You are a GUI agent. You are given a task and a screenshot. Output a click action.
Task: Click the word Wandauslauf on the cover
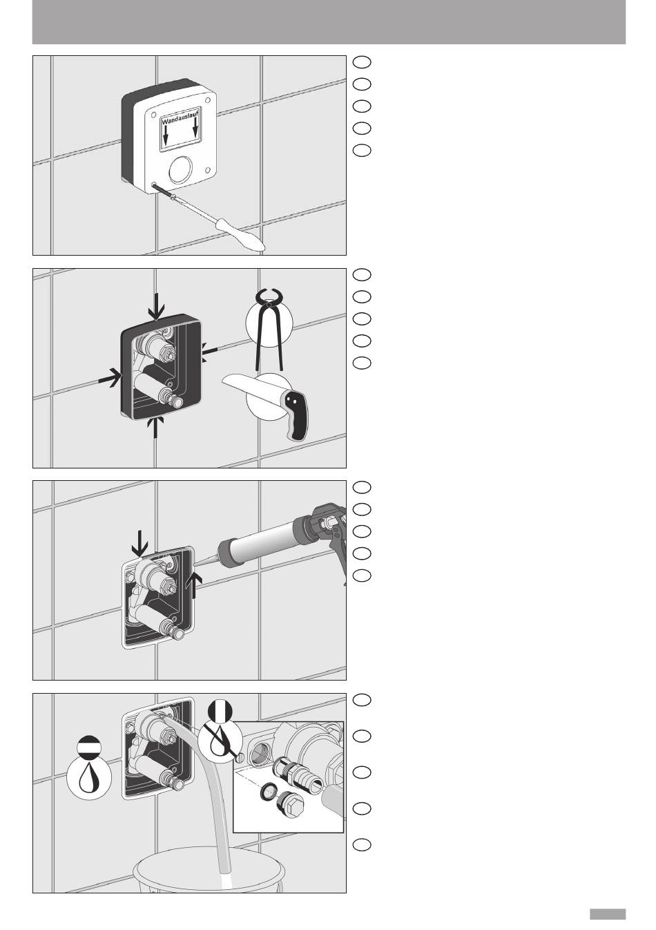(180, 117)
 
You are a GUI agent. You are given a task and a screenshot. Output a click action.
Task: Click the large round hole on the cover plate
(180, 169)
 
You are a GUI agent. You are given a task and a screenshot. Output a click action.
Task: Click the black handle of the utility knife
(298, 415)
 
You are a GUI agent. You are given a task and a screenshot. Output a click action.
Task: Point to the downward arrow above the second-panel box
(157, 306)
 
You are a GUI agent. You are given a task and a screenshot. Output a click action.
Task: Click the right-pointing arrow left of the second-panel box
(110, 378)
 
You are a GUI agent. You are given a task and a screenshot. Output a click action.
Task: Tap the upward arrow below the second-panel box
(155, 427)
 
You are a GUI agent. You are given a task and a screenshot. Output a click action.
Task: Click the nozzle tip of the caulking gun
(195, 563)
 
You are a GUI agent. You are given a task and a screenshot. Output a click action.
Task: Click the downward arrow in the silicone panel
(139, 544)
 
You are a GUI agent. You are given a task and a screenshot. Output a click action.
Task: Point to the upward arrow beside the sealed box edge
(194, 586)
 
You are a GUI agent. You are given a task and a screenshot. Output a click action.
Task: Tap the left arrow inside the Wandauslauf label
(166, 135)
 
